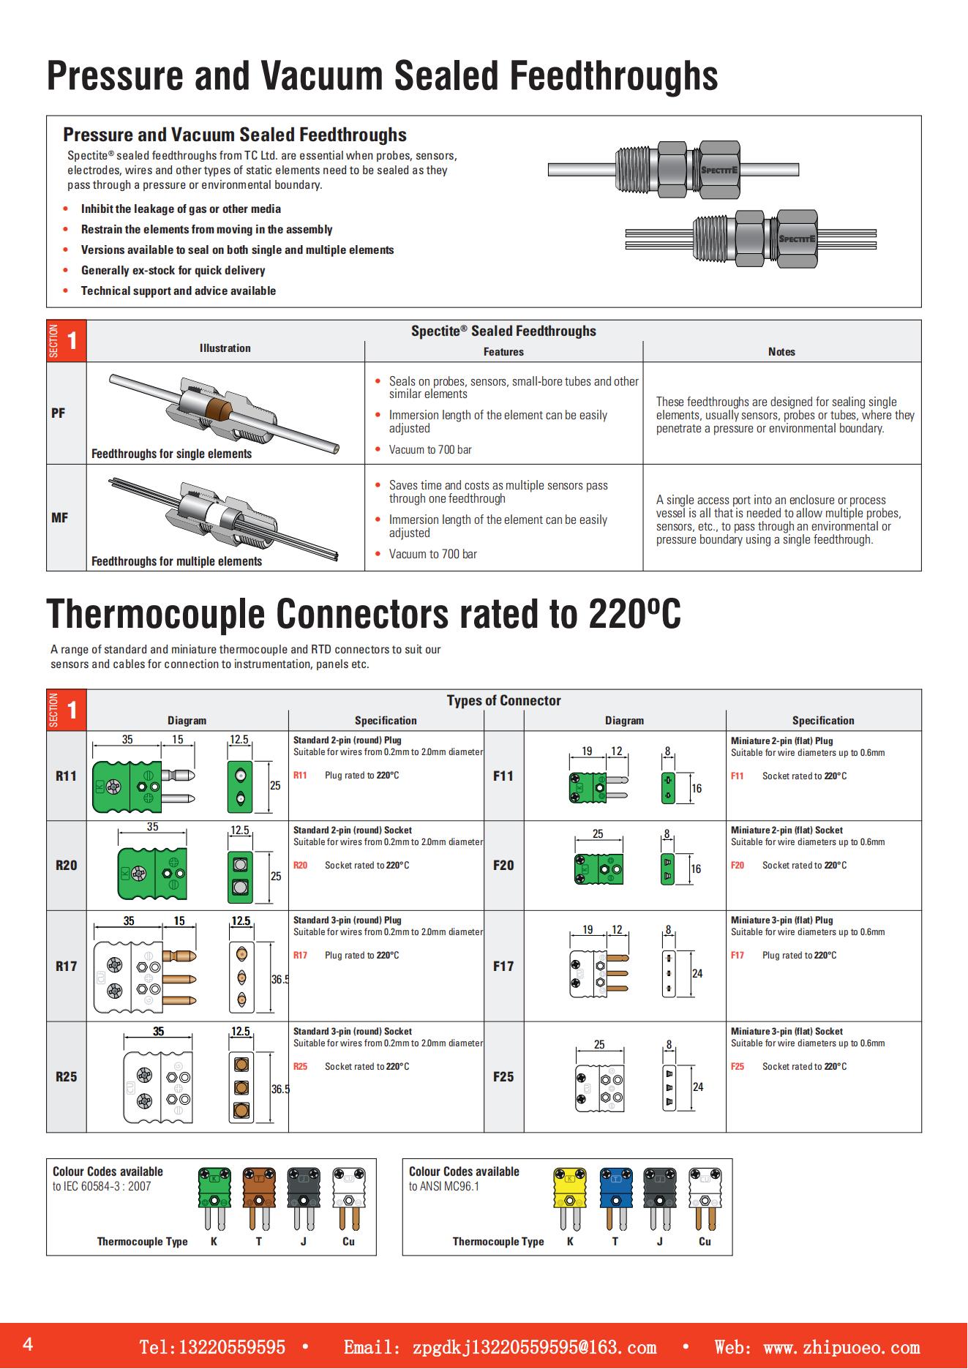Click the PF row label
pos(59,413)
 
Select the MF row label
pos(59,518)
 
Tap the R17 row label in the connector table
pos(66,966)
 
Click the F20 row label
pos(503,865)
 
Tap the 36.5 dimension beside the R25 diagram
pos(280,1089)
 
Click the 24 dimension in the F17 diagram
pos(697,973)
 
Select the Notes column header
pos(781,352)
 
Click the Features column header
pos(503,352)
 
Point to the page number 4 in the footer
pos(28,1345)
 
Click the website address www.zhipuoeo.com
pos(841,1348)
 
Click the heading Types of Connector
pos(503,700)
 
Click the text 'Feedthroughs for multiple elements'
pos(176,561)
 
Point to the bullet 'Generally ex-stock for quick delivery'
pos(173,270)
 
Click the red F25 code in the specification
pos(738,1066)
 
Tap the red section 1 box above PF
pos(67,341)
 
